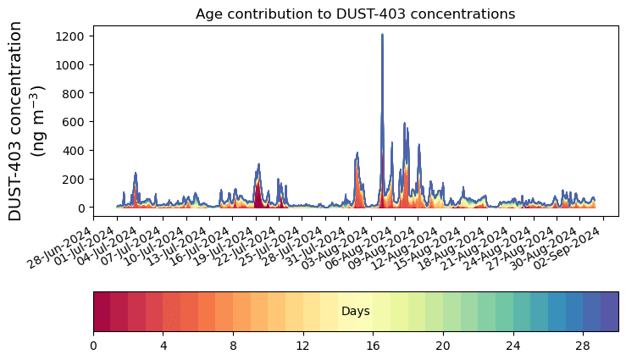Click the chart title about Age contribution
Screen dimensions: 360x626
pyautogui.click(x=355, y=14)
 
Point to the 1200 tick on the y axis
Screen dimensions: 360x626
pyautogui.click(x=71, y=36)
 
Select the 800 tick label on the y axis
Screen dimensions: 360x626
pyautogui.click(x=75, y=93)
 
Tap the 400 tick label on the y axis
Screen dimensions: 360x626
pyautogui.click(x=75, y=151)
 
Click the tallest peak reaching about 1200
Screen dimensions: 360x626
pyautogui.click(x=382, y=36)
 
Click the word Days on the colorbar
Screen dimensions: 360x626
pyautogui.click(x=355, y=312)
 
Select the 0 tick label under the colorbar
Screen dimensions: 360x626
pyautogui.click(x=93, y=346)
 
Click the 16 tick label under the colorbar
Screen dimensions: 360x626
pyautogui.click(x=373, y=346)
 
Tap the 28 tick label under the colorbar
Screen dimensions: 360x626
pyautogui.click(x=583, y=346)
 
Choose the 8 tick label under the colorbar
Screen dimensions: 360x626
pyautogui.click(x=233, y=346)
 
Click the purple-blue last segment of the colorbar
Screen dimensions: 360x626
pyautogui.click(x=609, y=311)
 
